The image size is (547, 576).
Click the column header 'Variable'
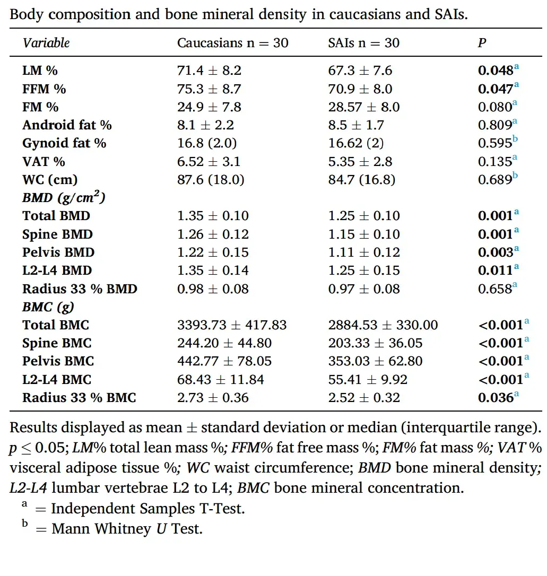coord(46,42)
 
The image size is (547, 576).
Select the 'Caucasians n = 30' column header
coord(232,42)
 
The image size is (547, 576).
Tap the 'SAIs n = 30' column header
coord(363,42)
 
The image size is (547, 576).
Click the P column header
coord(482,42)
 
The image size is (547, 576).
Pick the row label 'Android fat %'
coord(67,125)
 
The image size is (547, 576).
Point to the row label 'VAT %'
coord(44,161)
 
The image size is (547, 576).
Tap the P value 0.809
coord(495,125)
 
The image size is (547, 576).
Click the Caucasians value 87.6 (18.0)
coord(211,180)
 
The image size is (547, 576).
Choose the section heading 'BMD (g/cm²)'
coord(64,198)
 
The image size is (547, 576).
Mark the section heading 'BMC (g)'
coord(48,307)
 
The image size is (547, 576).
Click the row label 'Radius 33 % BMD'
coord(80,289)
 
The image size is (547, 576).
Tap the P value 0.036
coord(496,398)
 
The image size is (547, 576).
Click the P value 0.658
coord(495,289)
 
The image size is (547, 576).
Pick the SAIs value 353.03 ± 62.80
coord(375,362)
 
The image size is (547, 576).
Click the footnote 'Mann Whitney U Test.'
coord(127,529)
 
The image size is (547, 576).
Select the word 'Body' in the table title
coord(25,14)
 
